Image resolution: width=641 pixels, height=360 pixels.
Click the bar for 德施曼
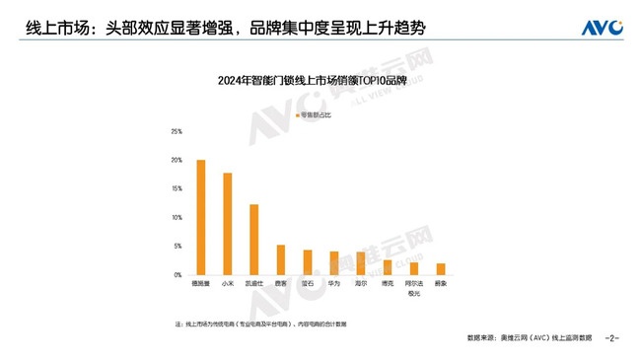click(201, 217)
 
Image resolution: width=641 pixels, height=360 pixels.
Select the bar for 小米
click(228, 224)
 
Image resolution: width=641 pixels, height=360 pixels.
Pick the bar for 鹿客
click(281, 259)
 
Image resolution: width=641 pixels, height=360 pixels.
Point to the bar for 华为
click(334, 262)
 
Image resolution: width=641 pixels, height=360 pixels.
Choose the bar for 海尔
click(361, 263)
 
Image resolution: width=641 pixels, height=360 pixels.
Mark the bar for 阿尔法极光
click(414, 268)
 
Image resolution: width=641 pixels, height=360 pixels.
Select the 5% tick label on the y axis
click(178, 246)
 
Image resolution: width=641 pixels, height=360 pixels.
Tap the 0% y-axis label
click(178, 274)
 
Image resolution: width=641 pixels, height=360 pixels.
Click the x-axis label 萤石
click(308, 284)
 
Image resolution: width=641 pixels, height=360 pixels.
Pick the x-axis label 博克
click(388, 284)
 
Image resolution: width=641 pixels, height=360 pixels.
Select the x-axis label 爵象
click(441, 284)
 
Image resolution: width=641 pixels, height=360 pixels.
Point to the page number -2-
click(611, 338)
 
